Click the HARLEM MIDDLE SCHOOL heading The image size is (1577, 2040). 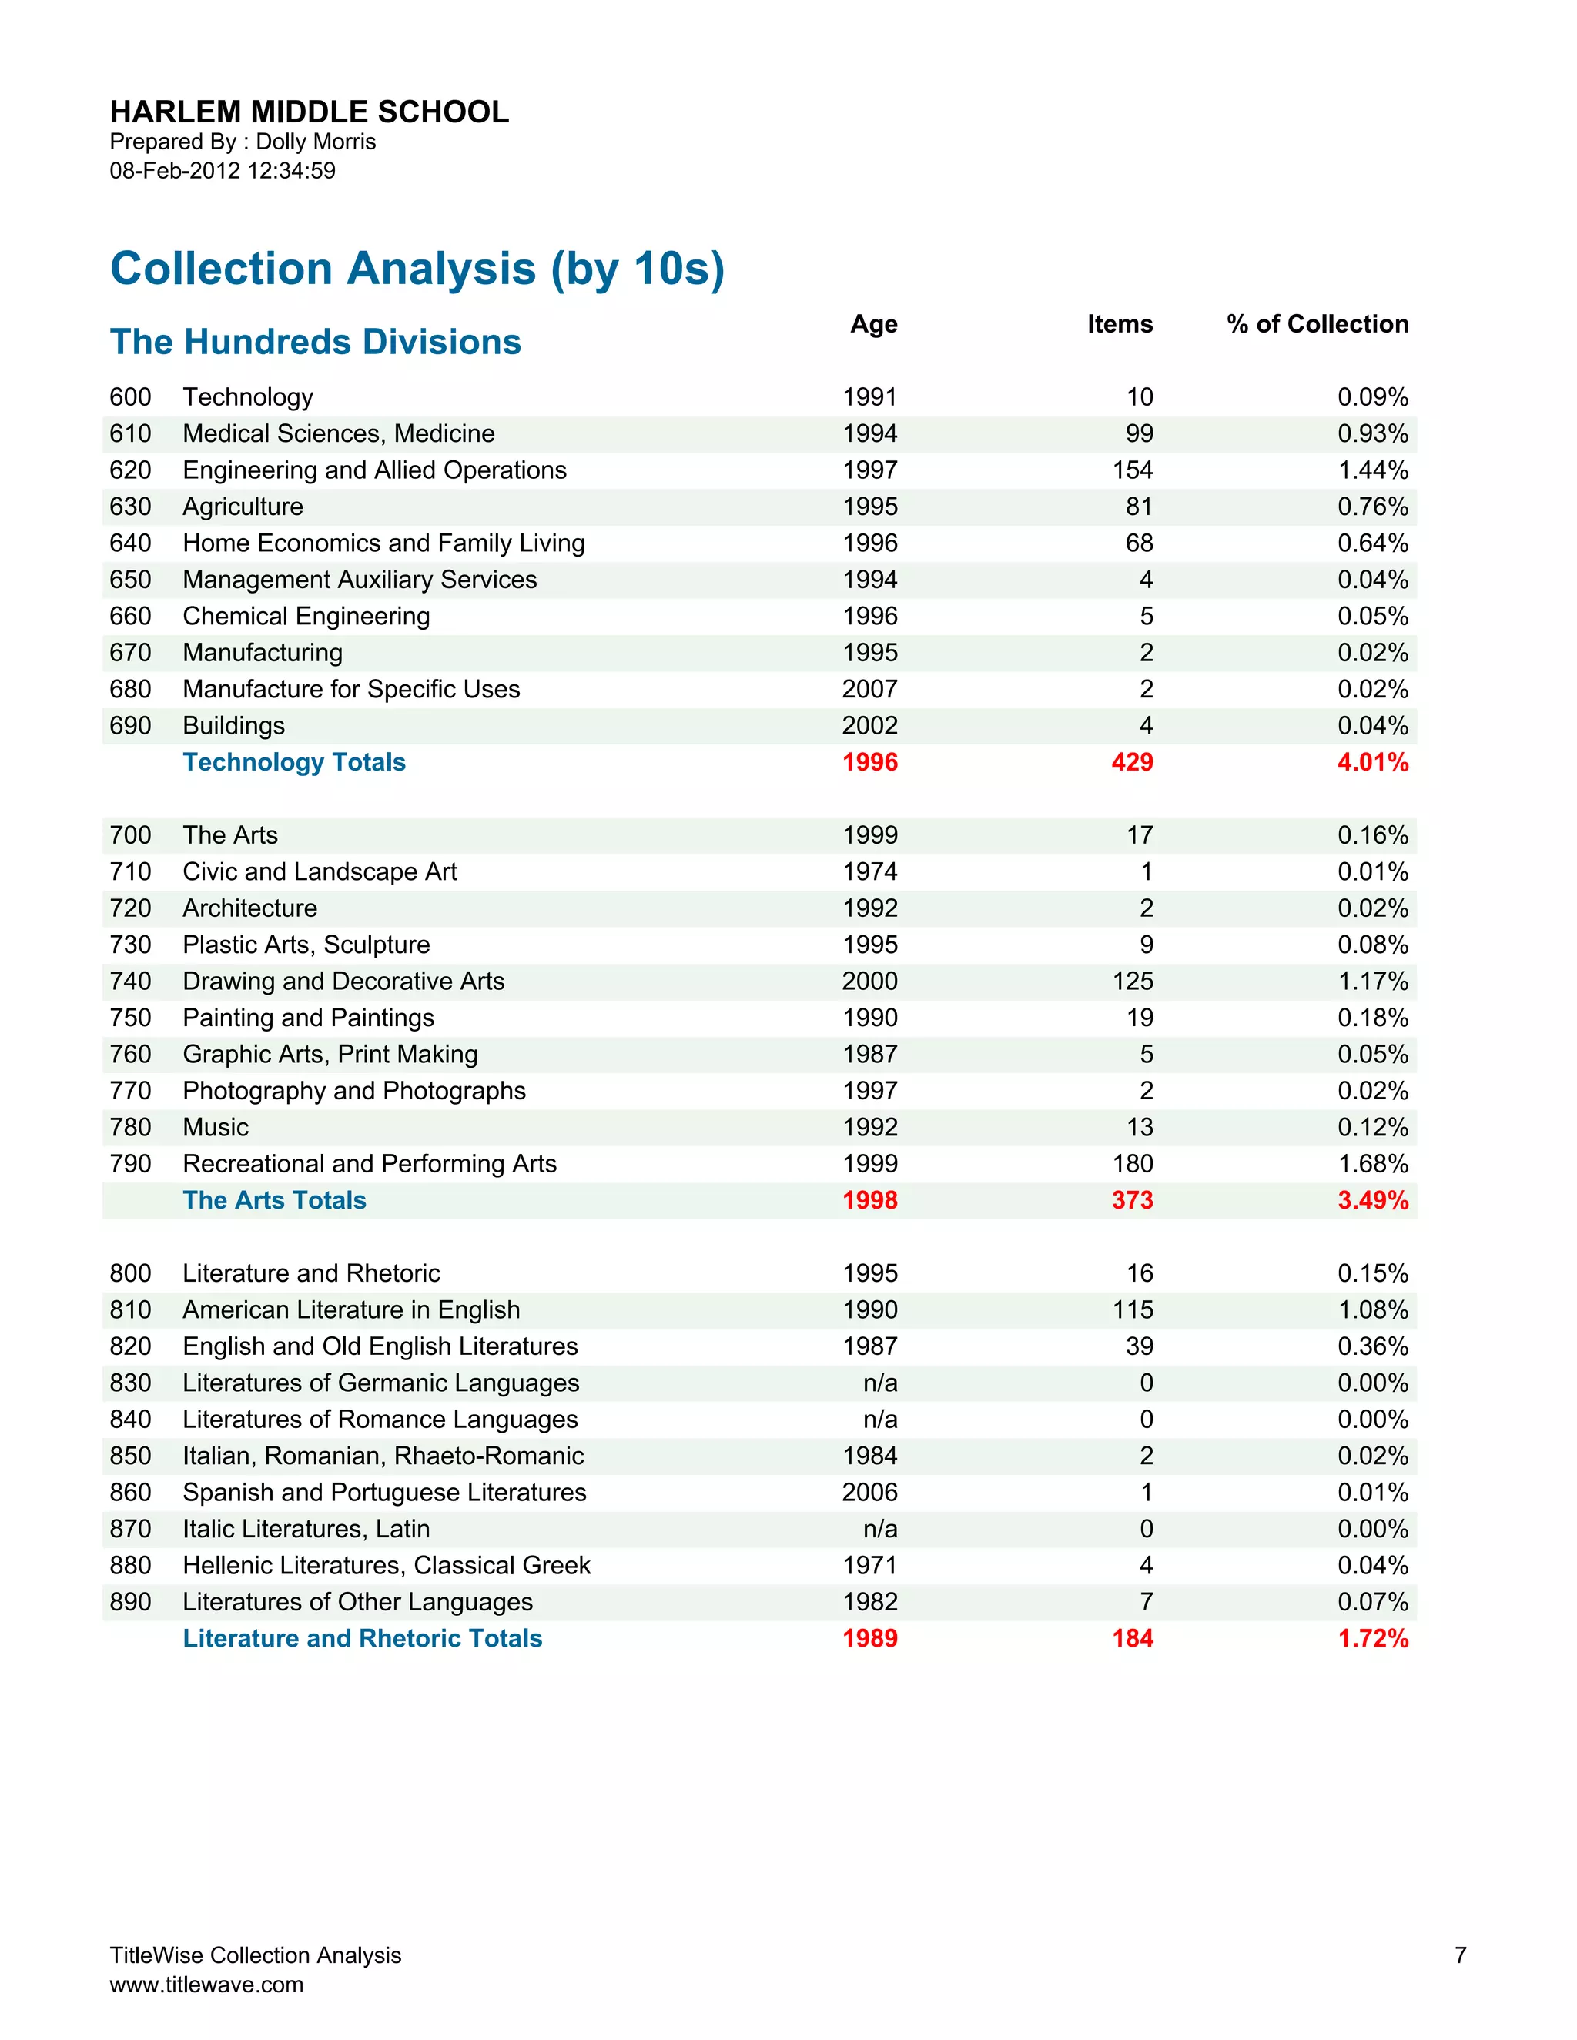pyautogui.click(x=310, y=112)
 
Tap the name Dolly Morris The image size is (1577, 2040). pyautogui.click(x=316, y=142)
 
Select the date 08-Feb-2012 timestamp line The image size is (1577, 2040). pyautogui.click(x=223, y=171)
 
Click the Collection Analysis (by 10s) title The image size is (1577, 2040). pyautogui.click(x=417, y=268)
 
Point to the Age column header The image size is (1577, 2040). pyautogui.click(x=873, y=324)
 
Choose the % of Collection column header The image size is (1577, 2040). pyautogui.click(x=1318, y=324)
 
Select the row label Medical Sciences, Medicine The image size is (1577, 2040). pyautogui.click(x=338, y=433)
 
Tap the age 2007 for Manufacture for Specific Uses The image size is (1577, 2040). pyautogui.click(x=869, y=689)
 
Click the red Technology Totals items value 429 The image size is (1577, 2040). pyautogui.click(x=1132, y=762)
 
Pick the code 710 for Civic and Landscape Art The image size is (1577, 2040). pyautogui.click(x=130, y=871)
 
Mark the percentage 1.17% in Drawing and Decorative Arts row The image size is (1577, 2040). pyautogui.click(x=1372, y=981)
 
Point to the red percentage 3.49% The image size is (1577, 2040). pyautogui.click(x=1372, y=1200)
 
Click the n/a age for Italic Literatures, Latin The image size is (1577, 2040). pyautogui.click(x=880, y=1529)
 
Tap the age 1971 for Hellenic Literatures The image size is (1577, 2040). pyautogui.click(x=869, y=1566)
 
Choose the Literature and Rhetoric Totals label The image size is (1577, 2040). pyautogui.click(x=362, y=1638)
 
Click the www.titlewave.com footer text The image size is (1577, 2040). pyautogui.click(x=206, y=1985)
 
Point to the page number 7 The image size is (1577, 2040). pyautogui.click(x=1460, y=1955)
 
